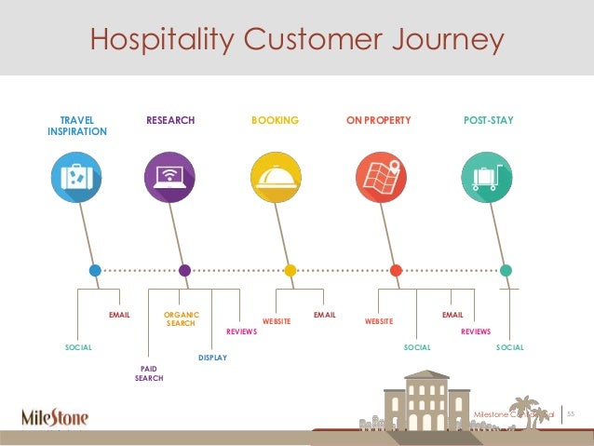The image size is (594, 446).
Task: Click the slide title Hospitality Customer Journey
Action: coord(296,39)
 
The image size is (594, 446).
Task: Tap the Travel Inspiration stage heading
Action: coord(76,127)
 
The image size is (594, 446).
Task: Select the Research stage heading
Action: coord(170,121)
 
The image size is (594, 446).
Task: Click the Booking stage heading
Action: coord(275,121)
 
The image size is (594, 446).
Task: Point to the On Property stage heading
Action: coord(378,121)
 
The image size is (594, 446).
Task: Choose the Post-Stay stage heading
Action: coord(488,121)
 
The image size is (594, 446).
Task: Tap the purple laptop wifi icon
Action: coord(170,175)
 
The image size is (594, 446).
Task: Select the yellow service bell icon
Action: coord(276,175)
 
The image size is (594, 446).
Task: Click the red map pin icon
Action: coord(382,175)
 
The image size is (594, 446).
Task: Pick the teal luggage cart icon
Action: coord(488,175)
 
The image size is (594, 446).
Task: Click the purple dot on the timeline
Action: coord(184,271)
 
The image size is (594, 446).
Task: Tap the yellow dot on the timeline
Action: coord(290,271)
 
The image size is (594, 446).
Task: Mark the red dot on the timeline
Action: coord(396,271)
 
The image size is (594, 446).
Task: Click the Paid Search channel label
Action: coord(149,374)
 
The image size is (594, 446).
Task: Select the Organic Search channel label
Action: coord(181,320)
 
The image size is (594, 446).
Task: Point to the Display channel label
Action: coord(212,358)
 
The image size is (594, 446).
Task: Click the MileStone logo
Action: coord(56,415)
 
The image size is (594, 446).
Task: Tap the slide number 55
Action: coord(573,412)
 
